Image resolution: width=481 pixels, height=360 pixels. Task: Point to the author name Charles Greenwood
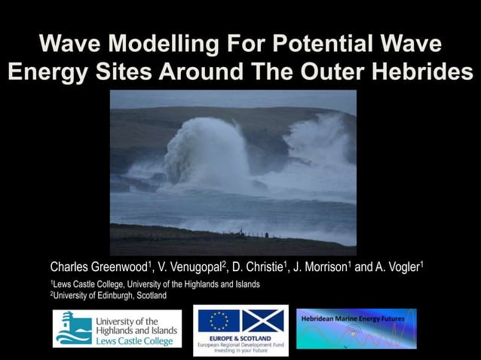98,267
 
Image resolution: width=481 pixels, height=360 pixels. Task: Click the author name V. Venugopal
191,267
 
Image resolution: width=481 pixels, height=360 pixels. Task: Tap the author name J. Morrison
321,267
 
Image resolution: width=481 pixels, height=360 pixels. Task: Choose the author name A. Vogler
396,267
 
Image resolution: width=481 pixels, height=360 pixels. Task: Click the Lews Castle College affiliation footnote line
155,284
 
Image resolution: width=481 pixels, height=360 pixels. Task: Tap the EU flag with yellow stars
219,322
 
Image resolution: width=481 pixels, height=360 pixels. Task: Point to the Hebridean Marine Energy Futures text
353,319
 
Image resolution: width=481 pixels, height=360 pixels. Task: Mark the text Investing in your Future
240,350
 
